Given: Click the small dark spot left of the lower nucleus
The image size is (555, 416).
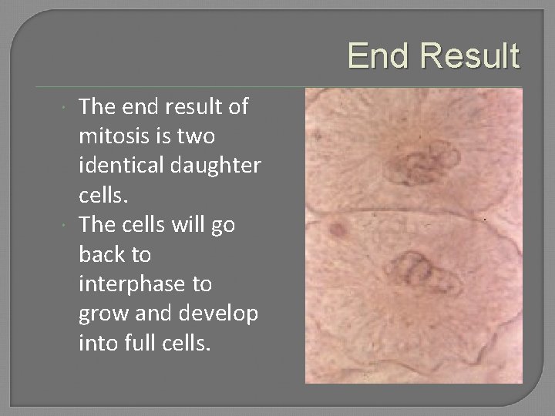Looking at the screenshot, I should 338,229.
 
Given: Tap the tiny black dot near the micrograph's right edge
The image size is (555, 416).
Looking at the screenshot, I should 485,220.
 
